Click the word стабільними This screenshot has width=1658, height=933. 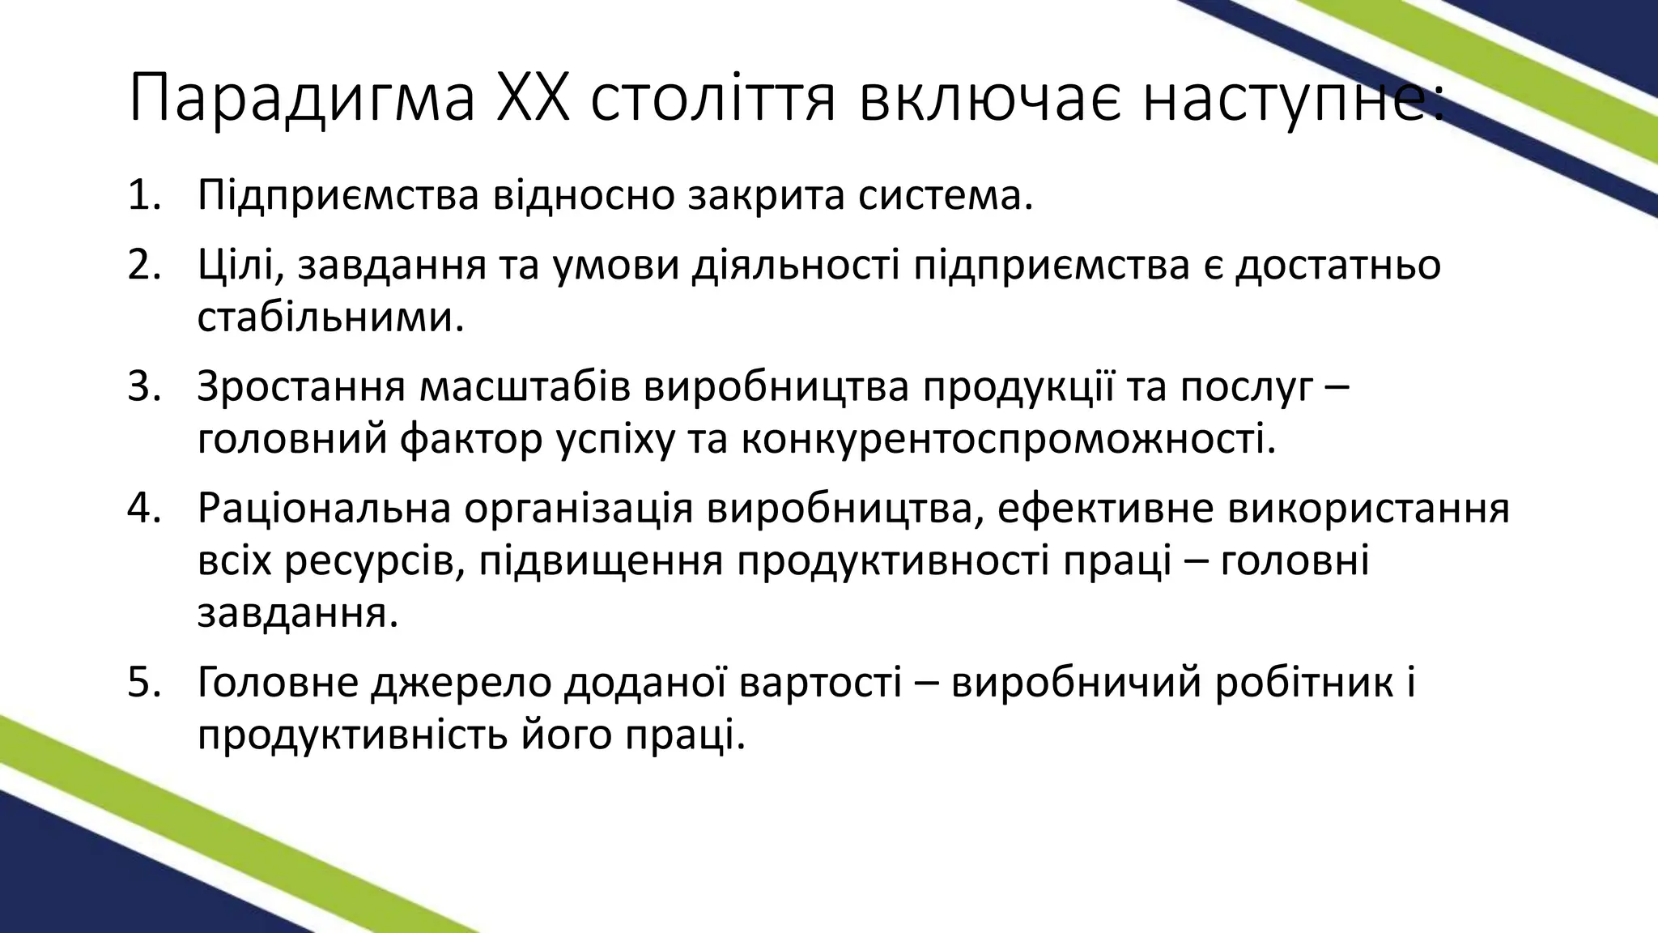pos(330,317)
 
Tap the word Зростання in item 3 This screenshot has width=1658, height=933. pos(300,387)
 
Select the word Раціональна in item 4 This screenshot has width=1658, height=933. pos(324,509)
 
